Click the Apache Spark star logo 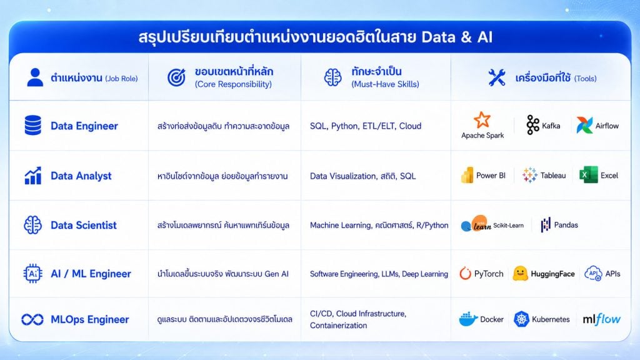coord(482,120)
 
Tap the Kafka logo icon coord(532,124)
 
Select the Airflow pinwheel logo coord(584,125)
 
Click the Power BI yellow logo coord(467,175)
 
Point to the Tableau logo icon coord(530,175)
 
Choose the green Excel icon coord(588,175)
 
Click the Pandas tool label coord(566,225)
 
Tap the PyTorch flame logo coord(465,274)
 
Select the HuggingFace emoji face coord(520,274)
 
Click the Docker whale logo coord(467,319)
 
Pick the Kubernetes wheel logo coord(521,319)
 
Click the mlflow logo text coord(601,319)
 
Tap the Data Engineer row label coord(84,126)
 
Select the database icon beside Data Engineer coord(32,125)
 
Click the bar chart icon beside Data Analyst coord(32,176)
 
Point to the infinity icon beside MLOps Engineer coord(32,319)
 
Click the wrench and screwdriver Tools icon coord(497,77)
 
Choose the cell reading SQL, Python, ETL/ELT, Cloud coord(365,126)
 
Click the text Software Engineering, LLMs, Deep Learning coord(379,274)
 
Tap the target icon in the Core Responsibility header coord(176,77)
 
